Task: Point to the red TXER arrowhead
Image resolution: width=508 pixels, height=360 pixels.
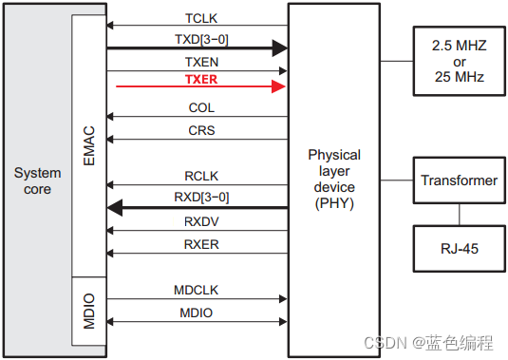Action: (x=279, y=86)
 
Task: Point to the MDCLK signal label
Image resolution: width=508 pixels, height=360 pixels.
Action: (x=197, y=290)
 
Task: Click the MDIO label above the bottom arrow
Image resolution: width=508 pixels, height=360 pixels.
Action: (x=197, y=313)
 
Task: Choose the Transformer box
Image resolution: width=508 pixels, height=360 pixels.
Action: (x=459, y=180)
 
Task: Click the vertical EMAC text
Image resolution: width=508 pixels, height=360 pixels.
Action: (x=90, y=148)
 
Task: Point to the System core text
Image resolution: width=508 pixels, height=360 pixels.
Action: (x=37, y=180)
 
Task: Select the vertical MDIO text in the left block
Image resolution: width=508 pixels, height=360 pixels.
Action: (x=90, y=311)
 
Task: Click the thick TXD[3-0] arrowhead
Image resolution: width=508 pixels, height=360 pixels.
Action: (x=278, y=47)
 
